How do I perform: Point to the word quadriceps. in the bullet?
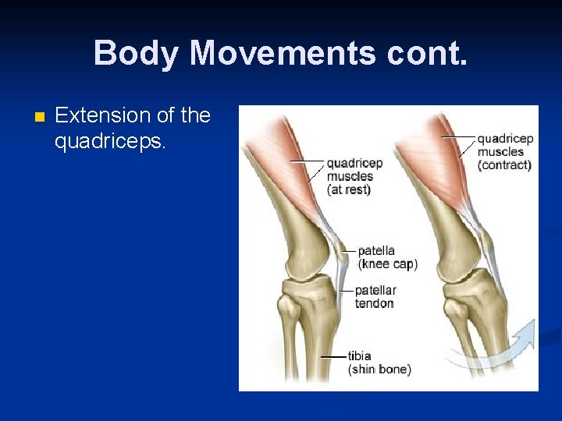pyautogui.click(x=110, y=142)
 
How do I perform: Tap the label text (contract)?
pyautogui.click(x=504, y=165)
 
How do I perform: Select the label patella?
pyautogui.click(x=376, y=251)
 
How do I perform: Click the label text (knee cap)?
pyautogui.click(x=388, y=264)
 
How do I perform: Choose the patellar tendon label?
pyautogui.click(x=375, y=296)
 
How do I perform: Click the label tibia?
pyautogui.click(x=360, y=356)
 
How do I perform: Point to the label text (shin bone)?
pyautogui.click(x=379, y=370)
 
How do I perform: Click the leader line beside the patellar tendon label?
pyautogui.click(x=348, y=290)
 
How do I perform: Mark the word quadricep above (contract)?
pyautogui.click(x=505, y=139)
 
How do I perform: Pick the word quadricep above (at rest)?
pyautogui.click(x=354, y=164)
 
